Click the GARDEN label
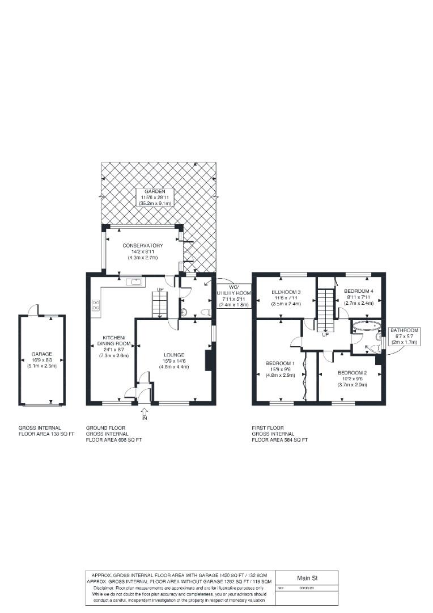(x=154, y=192)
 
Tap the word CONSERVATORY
(x=143, y=246)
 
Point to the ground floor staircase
(x=159, y=304)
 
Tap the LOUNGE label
(x=175, y=355)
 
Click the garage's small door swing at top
(x=35, y=310)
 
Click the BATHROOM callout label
(x=404, y=330)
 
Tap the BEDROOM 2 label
(x=352, y=373)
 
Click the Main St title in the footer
(x=306, y=578)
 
